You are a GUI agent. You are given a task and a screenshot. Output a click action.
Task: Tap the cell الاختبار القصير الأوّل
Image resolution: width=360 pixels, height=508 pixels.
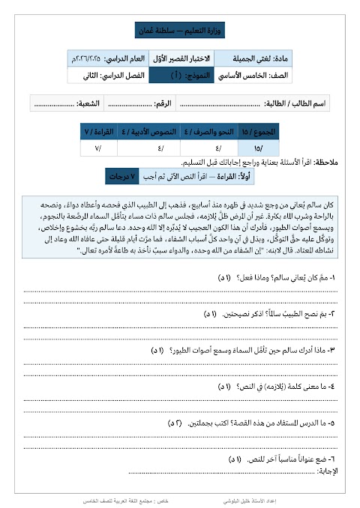click(182, 58)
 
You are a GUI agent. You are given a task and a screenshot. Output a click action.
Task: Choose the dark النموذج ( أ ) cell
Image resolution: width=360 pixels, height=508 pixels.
click(182, 75)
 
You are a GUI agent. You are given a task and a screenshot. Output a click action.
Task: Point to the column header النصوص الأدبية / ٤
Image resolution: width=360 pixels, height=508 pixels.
click(154, 132)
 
